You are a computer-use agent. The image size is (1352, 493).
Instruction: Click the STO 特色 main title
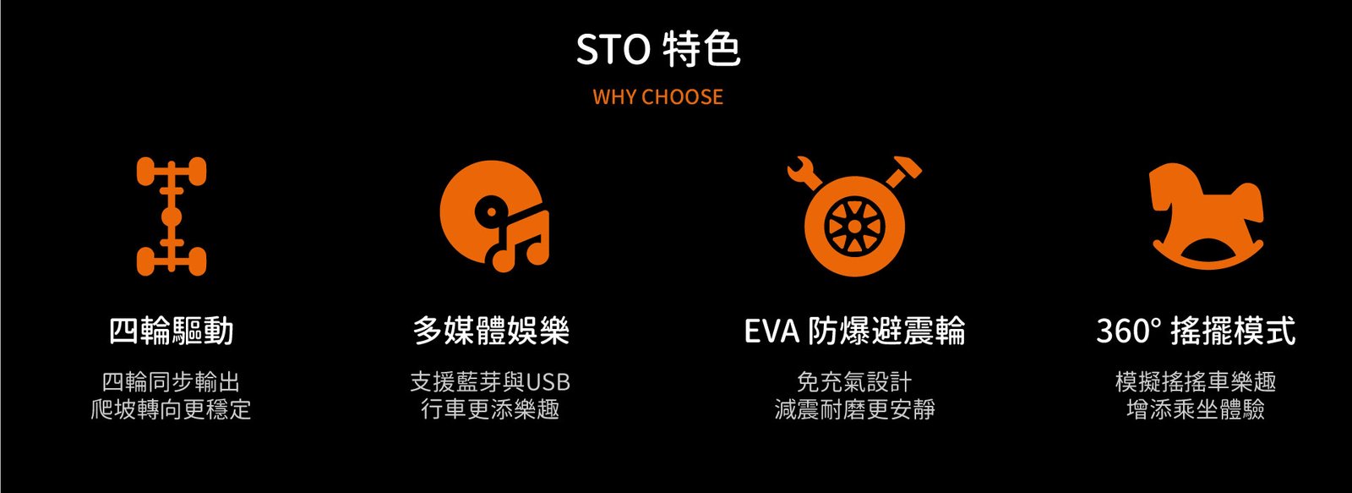(x=658, y=49)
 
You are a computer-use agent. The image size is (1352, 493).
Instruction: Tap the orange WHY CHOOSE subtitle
(x=658, y=96)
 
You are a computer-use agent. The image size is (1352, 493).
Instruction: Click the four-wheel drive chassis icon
(x=172, y=216)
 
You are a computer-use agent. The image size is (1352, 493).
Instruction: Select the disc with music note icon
(x=493, y=216)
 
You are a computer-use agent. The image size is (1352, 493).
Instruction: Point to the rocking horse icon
(x=1208, y=216)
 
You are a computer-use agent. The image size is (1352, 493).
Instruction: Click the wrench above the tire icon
(x=805, y=173)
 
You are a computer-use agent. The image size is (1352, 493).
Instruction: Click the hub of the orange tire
(x=854, y=226)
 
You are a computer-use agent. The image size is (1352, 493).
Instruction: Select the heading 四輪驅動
(x=172, y=331)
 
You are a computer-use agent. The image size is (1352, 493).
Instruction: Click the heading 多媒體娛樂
(x=491, y=331)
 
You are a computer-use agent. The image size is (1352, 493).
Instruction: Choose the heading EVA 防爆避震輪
(x=854, y=331)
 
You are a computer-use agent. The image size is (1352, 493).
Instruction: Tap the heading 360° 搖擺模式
(x=1196, y=331)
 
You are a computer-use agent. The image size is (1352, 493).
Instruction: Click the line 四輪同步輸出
(x=172, y=382)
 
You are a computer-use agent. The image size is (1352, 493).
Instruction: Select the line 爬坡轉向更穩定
(x=172, y=409)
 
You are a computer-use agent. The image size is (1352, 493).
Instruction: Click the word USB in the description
(x=548, y=382)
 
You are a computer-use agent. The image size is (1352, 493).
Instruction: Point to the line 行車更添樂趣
(x=491, y=409)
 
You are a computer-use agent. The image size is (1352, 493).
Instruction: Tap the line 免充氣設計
(x=854, y=382)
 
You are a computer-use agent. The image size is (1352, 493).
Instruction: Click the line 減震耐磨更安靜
(x=854, y=409)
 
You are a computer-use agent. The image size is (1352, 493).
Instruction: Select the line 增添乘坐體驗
(x=1196, y=409)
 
